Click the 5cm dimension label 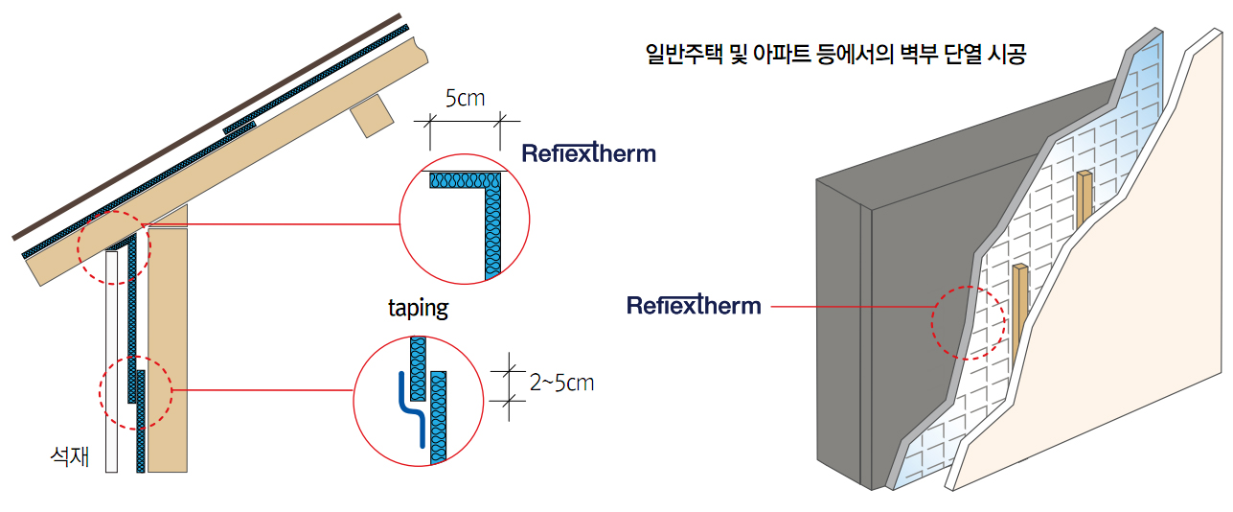(466, 99)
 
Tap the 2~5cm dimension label (561, 384)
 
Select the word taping (418, 309)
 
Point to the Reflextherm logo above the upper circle (588, 153)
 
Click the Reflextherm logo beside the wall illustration (694, 306)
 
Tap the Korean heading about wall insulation (835, 55)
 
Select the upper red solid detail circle (464, 219)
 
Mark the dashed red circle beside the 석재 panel (135, 391)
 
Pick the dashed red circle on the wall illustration (969, 323)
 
